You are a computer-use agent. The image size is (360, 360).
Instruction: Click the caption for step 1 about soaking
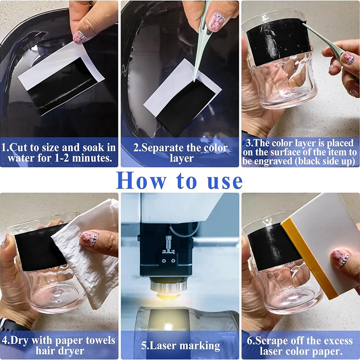(x=59, y=153)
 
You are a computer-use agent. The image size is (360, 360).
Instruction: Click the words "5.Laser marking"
(x=180, y=346)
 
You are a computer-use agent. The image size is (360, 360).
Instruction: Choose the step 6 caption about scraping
(x=300, y=345)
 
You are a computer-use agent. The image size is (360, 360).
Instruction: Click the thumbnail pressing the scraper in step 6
(x=341, y=257)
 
